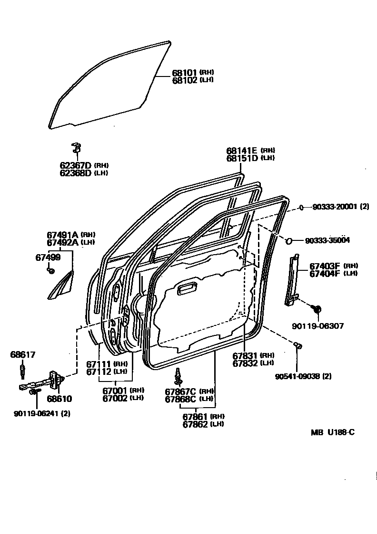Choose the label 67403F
pos(325,266)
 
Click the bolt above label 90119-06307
pos(316,309)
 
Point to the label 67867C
pos(180,391)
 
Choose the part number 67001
pos(115,391)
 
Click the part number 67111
pos(99,364)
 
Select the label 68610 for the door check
pos(60,399)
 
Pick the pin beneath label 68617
pos(22,369)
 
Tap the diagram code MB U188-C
pos(333,432)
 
